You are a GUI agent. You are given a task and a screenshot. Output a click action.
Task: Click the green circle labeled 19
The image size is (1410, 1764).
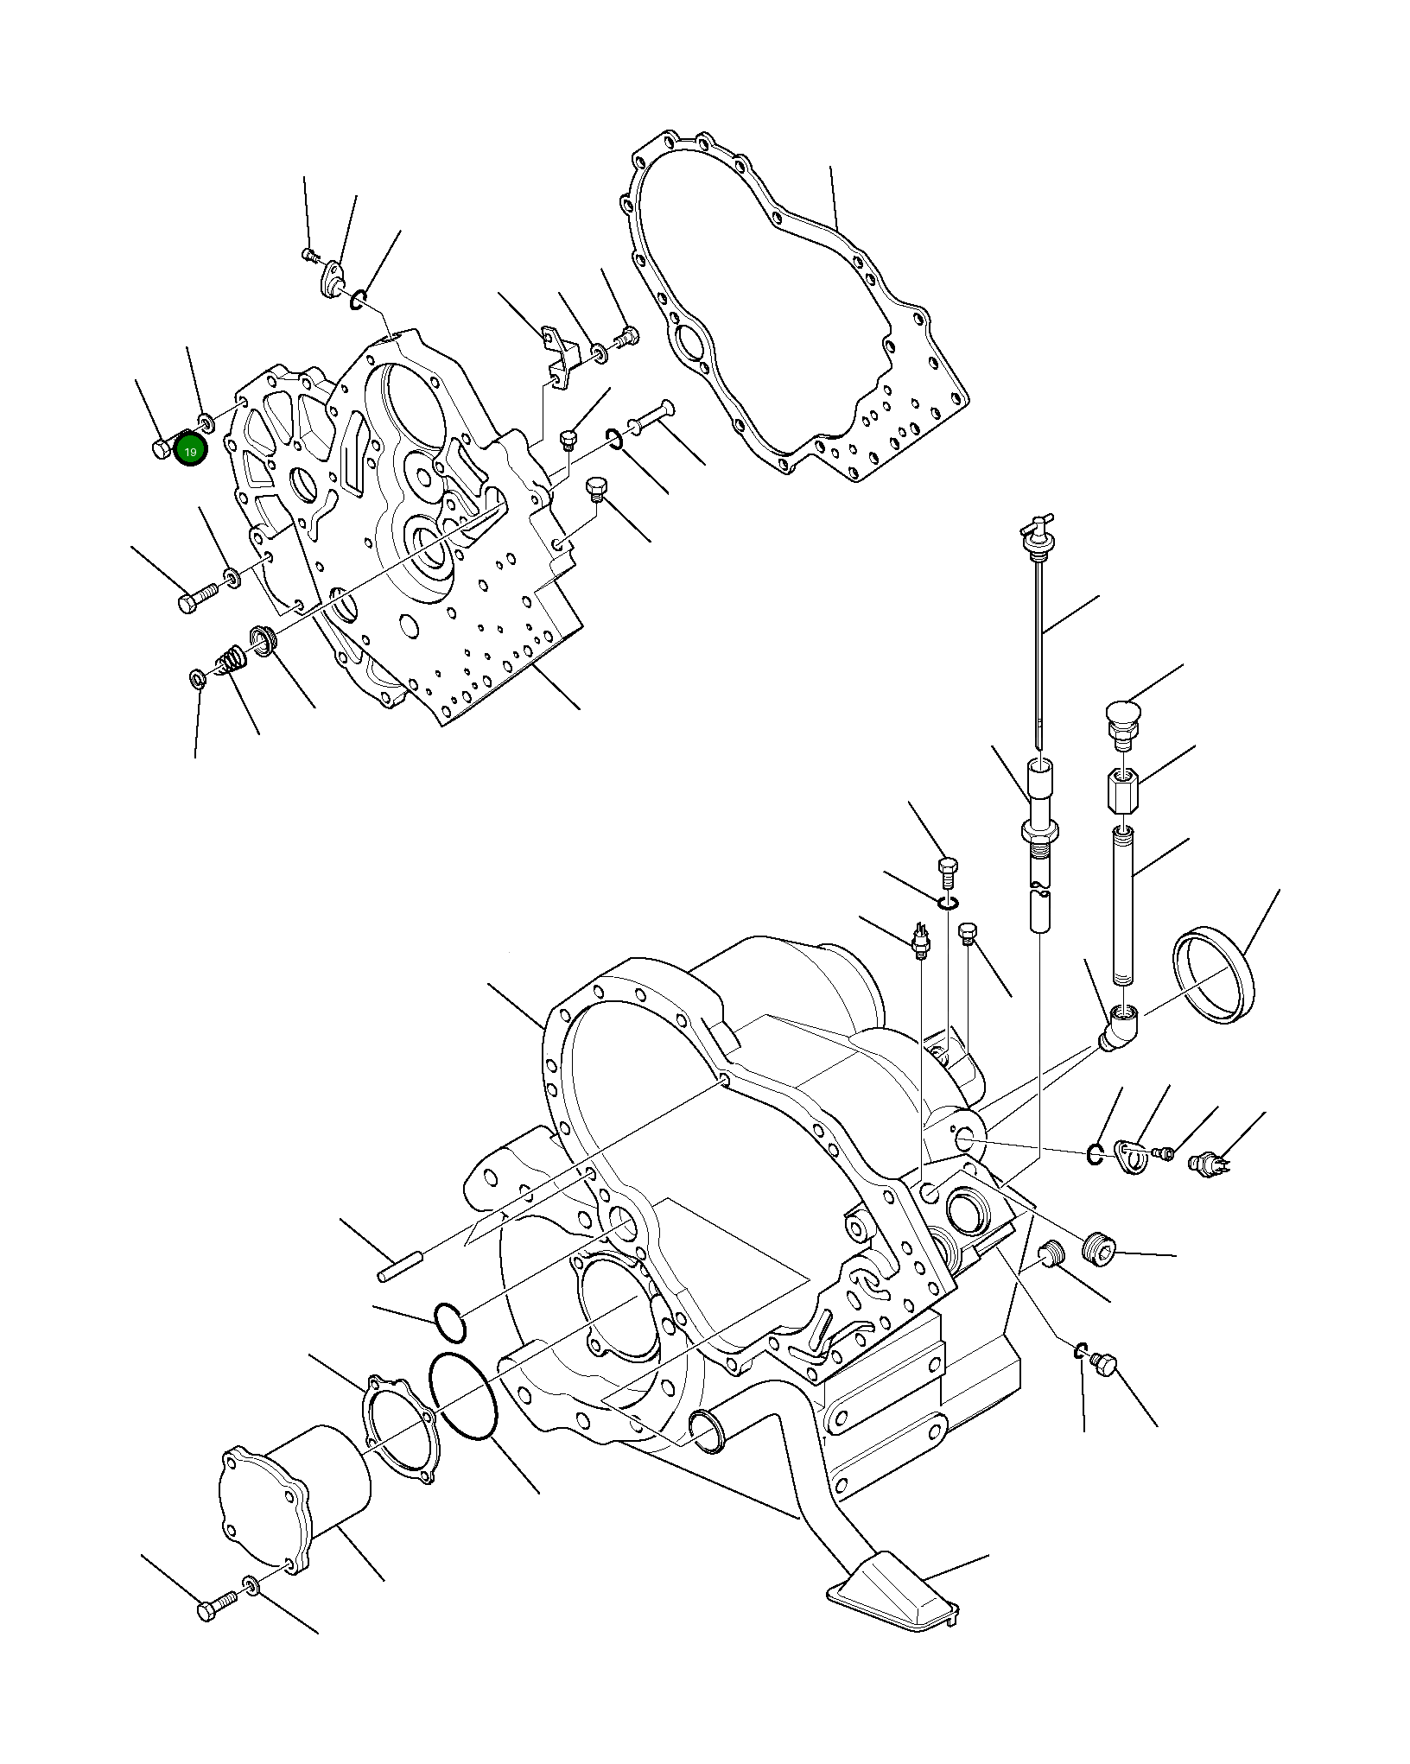(x=190, y=450)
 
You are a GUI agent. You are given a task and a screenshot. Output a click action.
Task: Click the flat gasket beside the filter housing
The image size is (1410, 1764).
(x=399, y=1428)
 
